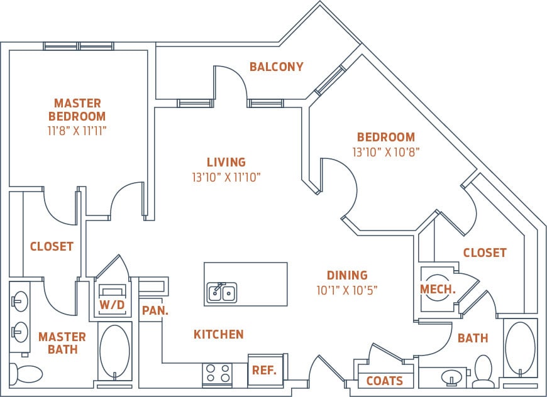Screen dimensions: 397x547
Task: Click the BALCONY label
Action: [276, 67]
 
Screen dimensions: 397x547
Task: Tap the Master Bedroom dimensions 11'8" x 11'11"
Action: [77, 131]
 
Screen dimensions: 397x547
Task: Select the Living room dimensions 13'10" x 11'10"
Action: [226, 178]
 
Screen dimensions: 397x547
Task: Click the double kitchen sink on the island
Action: [221, 292]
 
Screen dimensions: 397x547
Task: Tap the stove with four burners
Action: [217, 374]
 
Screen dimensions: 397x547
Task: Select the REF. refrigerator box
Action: [265, 370]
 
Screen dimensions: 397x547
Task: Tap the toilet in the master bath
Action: [26, 374]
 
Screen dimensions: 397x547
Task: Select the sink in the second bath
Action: [452, 378]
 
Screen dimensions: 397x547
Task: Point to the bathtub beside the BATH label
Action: [520, 349]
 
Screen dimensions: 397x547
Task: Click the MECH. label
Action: [438, 289]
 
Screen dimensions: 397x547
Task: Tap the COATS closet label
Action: [384, 381]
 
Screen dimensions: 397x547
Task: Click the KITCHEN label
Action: [218, 335]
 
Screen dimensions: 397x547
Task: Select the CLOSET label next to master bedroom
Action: [52, 247]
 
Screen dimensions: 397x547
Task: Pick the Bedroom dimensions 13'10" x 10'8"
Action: [385, 151]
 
